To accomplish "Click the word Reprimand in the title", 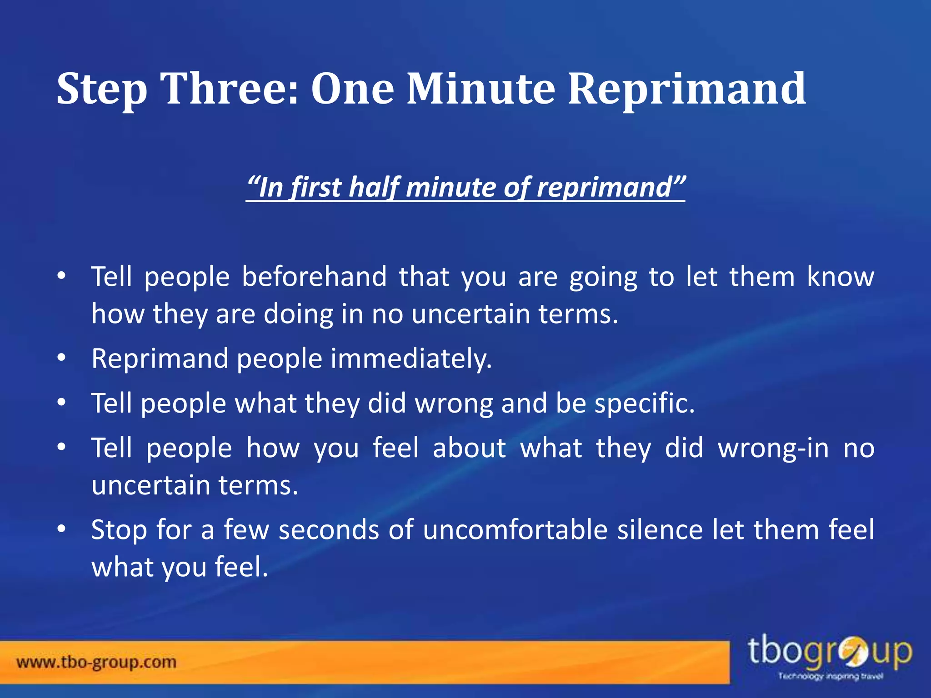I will pos(686,89).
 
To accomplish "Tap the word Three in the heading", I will pos(230,89).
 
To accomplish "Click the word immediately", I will pos(411,359).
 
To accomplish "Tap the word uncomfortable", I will pos(515,530).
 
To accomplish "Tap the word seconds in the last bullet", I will pos(329,530).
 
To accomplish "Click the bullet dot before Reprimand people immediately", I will pos(62,358).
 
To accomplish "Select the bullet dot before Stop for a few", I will pos(62,529).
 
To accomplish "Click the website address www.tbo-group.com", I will pos(96,662).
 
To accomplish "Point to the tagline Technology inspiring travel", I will pos(831,677).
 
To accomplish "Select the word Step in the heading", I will pos(102,90).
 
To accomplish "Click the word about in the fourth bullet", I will pos(469,448).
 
